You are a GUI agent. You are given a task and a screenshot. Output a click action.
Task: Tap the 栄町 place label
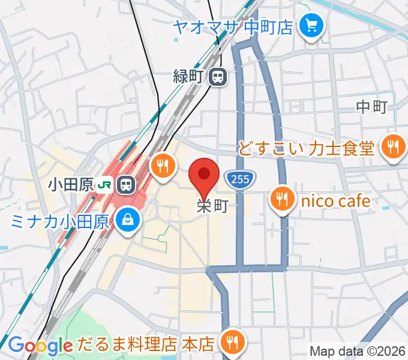(x=212, y=206)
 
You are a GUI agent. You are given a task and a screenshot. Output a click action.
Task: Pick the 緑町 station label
(x=191, y=76)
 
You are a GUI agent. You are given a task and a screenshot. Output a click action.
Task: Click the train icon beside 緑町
(x=218, y=76)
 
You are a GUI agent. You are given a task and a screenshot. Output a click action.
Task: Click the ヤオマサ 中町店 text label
(x=233, y=26)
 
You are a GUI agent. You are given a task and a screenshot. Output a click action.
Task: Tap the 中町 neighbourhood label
(x=371, y=107)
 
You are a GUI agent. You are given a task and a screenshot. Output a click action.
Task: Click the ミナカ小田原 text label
(x=59, y=221)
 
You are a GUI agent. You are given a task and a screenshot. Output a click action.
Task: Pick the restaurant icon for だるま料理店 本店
(x=232, y=342)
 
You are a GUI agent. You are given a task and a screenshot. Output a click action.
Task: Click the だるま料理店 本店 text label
(x=146, y=344)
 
